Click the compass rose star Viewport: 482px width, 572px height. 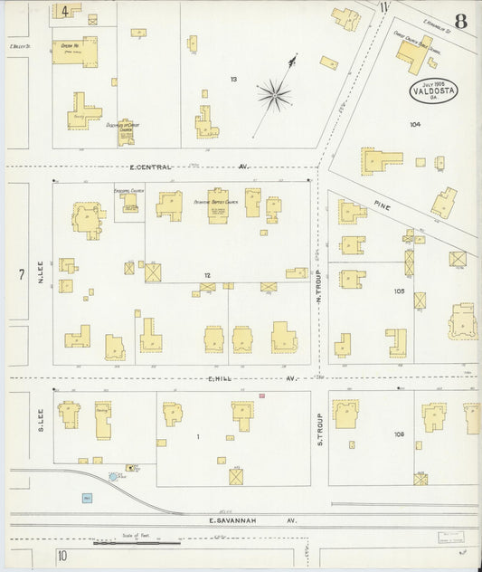tap(274, 93)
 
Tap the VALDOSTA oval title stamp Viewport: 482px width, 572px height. tap(433, 90)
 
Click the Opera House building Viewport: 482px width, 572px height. tap(74, 52)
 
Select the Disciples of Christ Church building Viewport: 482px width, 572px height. tap(125, 132)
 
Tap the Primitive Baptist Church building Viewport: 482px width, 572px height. tap(217, 205)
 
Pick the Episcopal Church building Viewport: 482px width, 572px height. tap(131, 204)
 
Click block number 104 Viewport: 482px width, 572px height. tap(415, 124)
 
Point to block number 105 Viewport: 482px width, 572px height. tap(398, 291)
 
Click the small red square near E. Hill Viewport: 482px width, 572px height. tap(262, 396)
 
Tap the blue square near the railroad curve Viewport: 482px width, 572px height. tap(87, 498)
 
